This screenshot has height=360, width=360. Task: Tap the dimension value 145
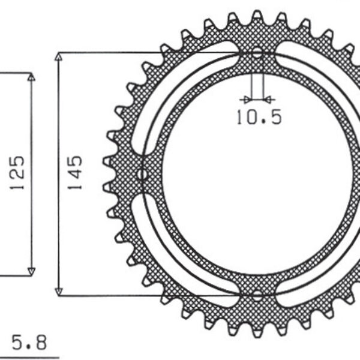(x=75, y=173)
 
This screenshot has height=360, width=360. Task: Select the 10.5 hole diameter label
(x=258, y=117)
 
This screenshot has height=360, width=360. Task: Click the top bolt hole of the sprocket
(x=257, y=53)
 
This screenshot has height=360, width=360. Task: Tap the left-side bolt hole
(x=142, y=175)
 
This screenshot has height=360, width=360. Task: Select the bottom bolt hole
(x=257, y=295)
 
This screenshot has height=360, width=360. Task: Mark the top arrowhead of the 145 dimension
(x=59, y=57)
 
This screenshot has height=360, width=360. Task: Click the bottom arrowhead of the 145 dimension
(x=59, y=291)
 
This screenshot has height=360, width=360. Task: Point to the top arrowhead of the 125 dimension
(x=31, y=77)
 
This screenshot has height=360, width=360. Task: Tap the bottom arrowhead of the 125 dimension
(x=31, y=271)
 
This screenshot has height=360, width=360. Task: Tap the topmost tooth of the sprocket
(x=257, y=16)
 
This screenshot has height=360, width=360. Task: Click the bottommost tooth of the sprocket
(x=257, y=334)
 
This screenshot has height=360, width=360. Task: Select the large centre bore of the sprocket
(x=258, y=174)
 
